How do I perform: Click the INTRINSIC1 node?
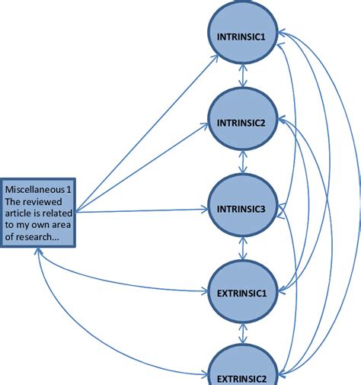242,37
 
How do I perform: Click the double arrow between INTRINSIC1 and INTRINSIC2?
242,79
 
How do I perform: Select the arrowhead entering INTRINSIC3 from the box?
207,207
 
